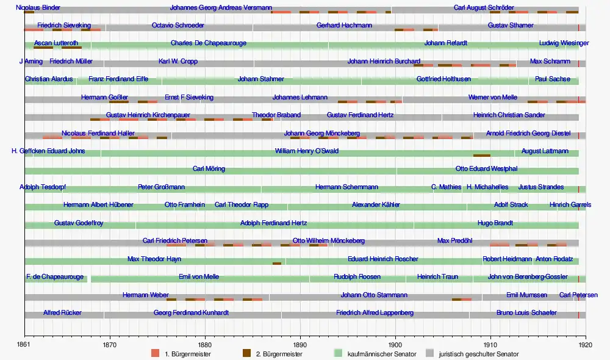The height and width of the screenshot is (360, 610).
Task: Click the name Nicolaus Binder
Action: [38, 8]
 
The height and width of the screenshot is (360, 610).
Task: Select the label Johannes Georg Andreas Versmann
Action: [221, 8]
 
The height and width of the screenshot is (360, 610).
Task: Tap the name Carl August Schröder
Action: [484, 8]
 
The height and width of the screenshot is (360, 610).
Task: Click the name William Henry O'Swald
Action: [306, 151]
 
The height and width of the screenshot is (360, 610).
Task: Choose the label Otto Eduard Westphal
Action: [486, 168]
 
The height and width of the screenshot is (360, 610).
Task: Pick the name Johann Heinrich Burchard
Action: [384, 61]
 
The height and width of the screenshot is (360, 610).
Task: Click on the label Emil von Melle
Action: [199, 276]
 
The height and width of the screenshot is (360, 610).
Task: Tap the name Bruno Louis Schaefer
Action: [526, 312]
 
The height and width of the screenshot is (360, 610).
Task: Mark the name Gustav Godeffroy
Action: [79, 223]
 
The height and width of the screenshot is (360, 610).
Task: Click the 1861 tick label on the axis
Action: [25, 345]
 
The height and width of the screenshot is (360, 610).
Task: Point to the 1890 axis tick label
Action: [300, 345]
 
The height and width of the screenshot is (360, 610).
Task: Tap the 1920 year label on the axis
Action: [586, 345]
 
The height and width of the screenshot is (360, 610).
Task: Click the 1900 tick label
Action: [395, 345]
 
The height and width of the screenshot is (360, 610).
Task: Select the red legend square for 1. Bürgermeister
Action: [155, 353]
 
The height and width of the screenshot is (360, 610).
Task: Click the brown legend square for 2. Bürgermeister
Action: [247, 353]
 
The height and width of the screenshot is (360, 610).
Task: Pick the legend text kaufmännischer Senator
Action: [381, 354]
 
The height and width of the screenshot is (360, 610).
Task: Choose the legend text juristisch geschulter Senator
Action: [479, 354]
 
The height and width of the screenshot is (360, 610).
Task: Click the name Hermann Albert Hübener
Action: [98, 204]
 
